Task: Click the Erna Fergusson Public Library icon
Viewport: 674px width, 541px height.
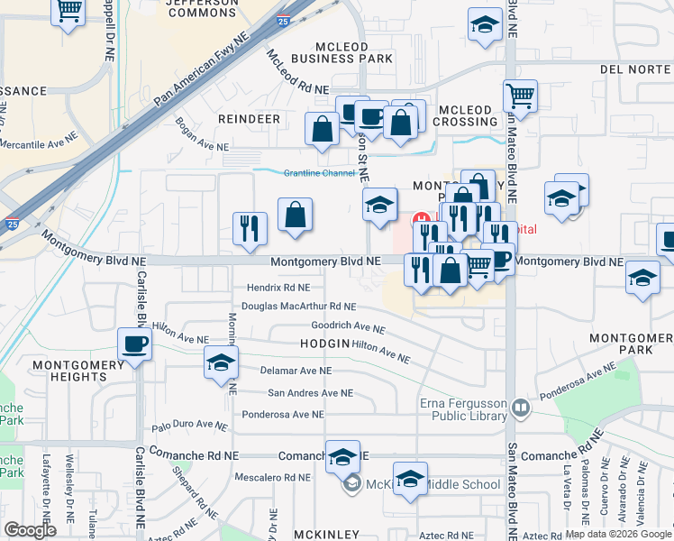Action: pos(520,408)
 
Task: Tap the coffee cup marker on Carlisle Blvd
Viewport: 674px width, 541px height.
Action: pos(135,344)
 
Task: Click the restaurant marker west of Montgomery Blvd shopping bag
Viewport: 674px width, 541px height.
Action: pos(250,228)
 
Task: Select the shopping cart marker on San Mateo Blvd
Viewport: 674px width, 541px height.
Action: pos(520,95)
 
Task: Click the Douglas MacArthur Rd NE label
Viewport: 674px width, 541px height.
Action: pos(299,307)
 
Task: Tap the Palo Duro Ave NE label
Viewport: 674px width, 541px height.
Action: pos(189,425)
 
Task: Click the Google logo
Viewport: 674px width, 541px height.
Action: pos(30,530)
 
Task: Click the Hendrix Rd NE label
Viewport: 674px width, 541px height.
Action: pos(278,288)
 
